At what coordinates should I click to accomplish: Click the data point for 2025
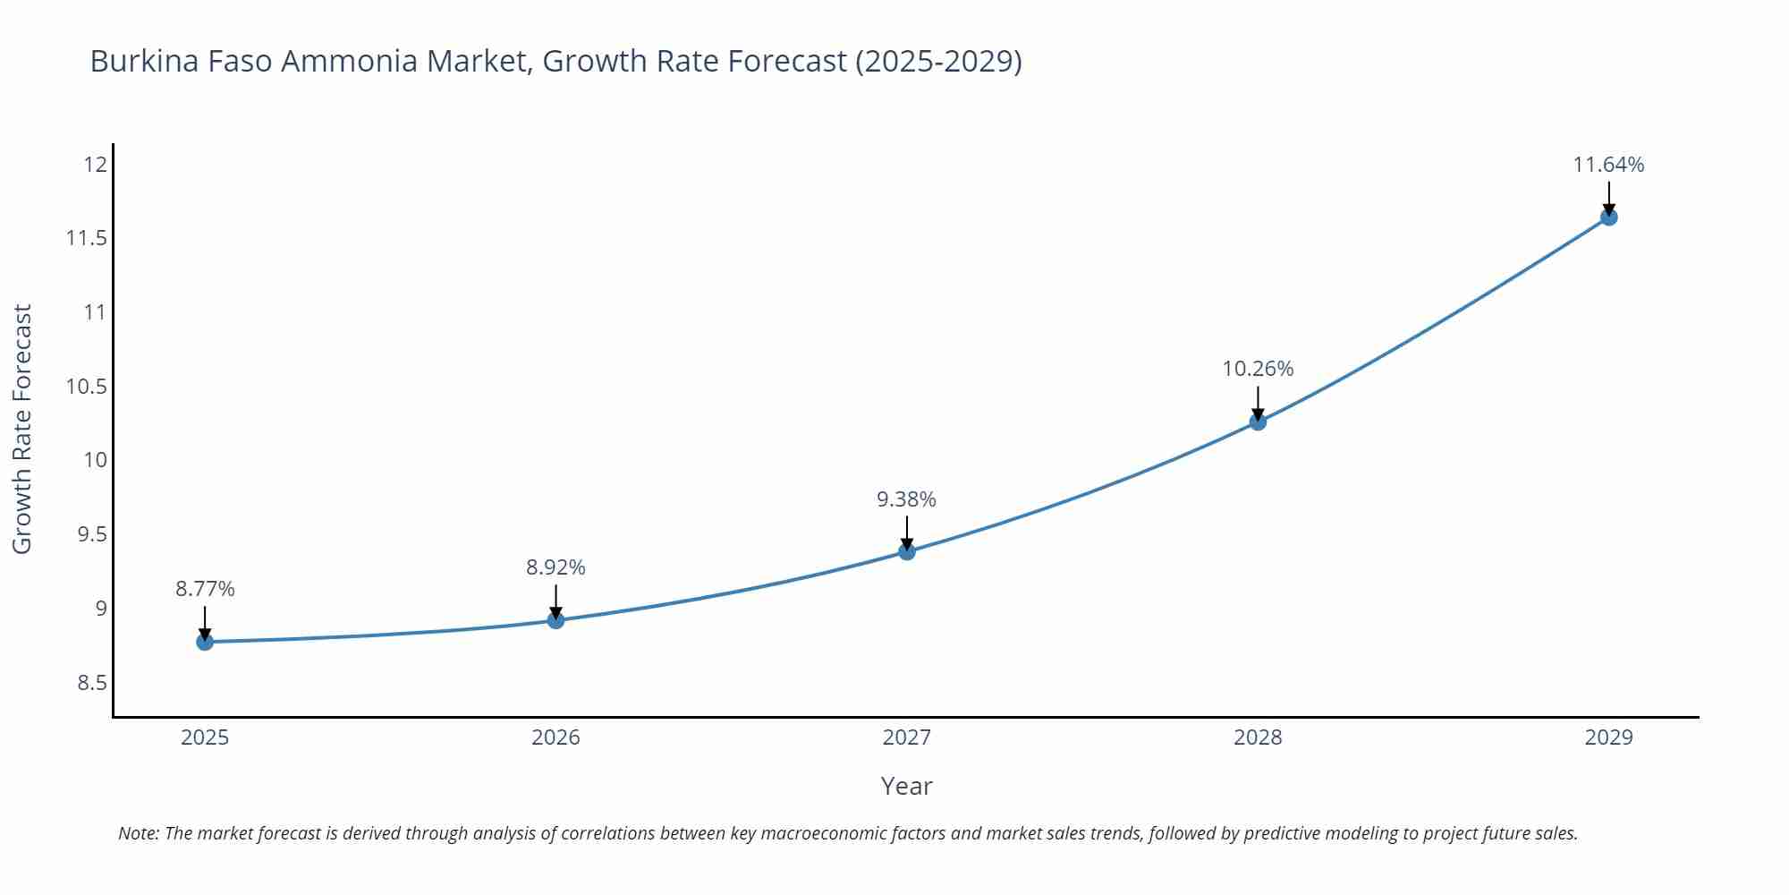point(205,642)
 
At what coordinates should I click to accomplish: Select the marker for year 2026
point(555,620)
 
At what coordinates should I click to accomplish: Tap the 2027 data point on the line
point(907,551)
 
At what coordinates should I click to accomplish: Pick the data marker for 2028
point(1258,422)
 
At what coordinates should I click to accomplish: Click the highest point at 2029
point(1608,217)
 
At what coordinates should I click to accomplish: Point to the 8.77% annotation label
point(205,589)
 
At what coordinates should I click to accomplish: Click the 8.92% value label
point(555,567)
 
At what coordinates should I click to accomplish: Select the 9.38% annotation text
point(906,499)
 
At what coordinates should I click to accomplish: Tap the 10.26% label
point(1258,369)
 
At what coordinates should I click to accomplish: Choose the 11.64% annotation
point(1608,165)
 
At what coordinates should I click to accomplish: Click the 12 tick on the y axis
point(95,164)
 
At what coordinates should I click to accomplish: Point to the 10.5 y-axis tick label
point(86,387)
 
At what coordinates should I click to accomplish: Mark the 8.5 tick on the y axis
point(91,683)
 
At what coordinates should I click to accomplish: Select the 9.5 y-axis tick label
point(91,534)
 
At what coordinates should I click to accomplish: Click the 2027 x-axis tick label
point(906,737)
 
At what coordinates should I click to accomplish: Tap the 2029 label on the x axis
point(1608,737)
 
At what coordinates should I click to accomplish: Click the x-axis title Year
point(906,786)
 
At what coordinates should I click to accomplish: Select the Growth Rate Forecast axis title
point(22,429)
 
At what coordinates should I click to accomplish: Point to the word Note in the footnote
point(138,833)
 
